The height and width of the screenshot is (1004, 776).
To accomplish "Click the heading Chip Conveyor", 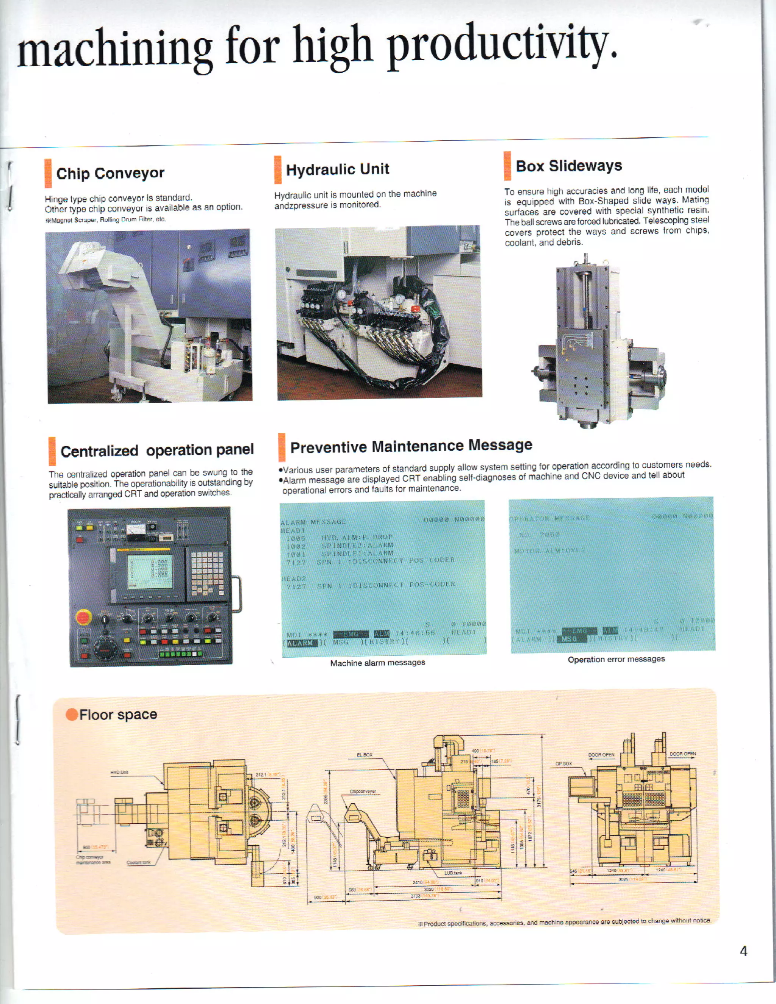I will pyautogui.click(x=110, y=173).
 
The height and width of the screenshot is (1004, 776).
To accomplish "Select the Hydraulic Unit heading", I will pyautogui.click(x=338, y=169).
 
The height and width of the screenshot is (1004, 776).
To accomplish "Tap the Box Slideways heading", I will pyautogui.click(x=569, y=166).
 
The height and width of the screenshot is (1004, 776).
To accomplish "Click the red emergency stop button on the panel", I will pyautogui.click(x=83, y=617).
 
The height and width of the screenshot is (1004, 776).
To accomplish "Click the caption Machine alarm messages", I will pyautogui.click(x=377, y=662).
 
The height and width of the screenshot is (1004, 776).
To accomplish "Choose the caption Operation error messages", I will pyautogui.click(x=616, y=659).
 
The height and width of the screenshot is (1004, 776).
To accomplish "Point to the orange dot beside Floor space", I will pyautogui.click(x=72, y=715).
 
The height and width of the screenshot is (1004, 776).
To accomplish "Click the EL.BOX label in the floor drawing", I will pyautogui.click(x=365, y=755).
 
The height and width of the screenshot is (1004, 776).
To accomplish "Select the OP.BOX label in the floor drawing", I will pyautogui.click(x=563, y=763).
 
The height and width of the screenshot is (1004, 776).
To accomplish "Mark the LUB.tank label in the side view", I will pyautogui.click(x=453, y=873).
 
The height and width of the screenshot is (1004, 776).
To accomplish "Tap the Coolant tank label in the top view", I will pyautogui.click(x=138, y=862).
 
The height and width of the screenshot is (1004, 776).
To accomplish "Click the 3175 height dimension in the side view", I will pyautogui.click(x=539, y=802).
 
